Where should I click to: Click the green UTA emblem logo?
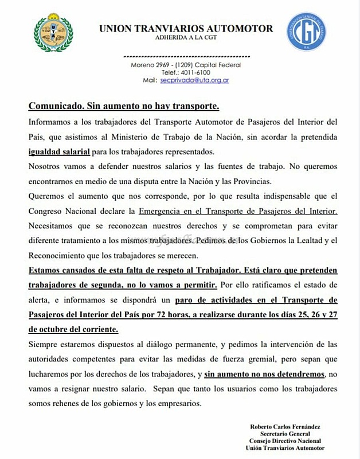53,34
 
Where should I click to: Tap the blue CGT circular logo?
307,32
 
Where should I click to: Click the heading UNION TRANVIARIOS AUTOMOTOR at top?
186,29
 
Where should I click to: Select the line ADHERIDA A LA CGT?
186,38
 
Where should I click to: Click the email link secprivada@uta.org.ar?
195,81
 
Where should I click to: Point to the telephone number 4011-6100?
197,73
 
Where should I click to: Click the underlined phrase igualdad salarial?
58,151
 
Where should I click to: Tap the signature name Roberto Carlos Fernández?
285,426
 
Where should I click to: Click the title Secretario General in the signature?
285,434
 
